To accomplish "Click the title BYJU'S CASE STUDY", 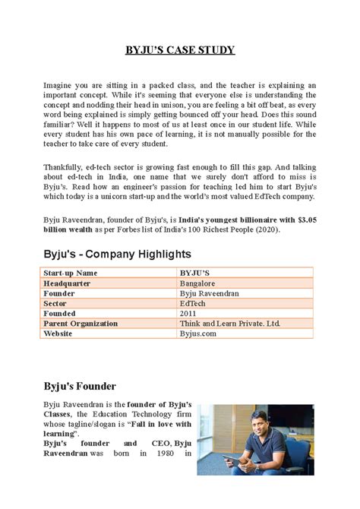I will tap(180, 51).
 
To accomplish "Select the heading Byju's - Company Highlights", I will tap(117, 254).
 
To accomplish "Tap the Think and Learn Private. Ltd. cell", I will tap(229, 323).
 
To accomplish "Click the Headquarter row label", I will tap(68, 283).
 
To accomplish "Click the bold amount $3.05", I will tap(304, 220).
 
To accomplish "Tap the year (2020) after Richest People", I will tap(267, 229).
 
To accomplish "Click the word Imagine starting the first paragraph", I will tap(60, 85).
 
